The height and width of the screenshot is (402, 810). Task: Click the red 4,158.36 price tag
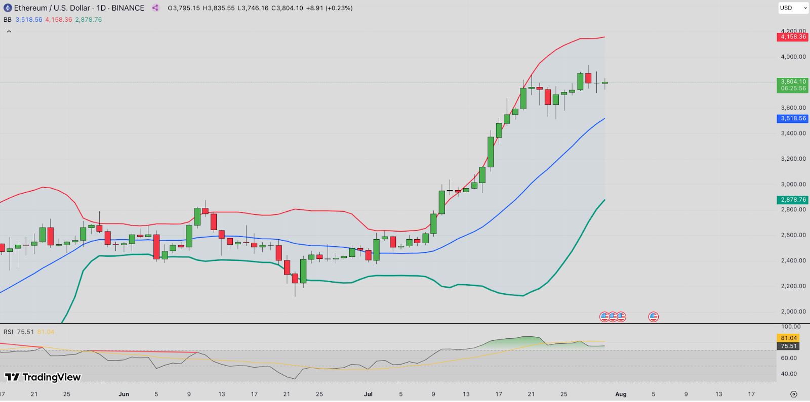[793, 37]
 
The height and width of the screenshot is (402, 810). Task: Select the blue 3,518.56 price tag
[793, 118]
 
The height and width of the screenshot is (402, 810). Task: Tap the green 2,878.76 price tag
[793, 200]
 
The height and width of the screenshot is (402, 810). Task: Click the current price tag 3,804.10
[793, 82]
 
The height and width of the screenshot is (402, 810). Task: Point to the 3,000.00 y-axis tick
[793, 185]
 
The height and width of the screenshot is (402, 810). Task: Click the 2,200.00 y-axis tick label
[793, 286]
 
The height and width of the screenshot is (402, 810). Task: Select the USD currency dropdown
[793, 8]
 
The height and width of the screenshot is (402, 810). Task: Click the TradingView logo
[43, 377]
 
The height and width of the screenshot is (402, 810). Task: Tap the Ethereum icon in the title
[8, 8]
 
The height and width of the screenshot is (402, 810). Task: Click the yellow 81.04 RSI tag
[788, 338]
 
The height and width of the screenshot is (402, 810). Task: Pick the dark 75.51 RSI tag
[788, 346]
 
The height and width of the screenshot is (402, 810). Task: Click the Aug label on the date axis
[621, 394]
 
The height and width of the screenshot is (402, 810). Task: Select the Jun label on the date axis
[124, 394]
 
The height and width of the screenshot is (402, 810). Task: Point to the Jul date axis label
[368, 394]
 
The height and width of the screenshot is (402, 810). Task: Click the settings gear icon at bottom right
[793, 394]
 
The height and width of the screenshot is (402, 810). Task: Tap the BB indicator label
[8, 20]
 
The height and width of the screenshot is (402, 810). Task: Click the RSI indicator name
[8, 332]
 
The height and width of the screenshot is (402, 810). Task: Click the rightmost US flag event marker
[654, 317]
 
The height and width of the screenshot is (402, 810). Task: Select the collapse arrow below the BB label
[9, 31]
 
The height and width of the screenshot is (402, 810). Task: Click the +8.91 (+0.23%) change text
[329, 8]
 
